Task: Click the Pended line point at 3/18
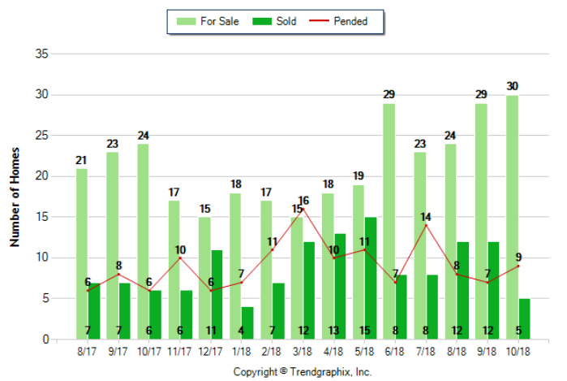coord(303,210)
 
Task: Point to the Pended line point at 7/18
coord(426,225)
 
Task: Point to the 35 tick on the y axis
coord(41,54)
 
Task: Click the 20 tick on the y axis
coord(41,176)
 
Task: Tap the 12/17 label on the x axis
coord(211,352)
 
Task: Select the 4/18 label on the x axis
coord(333,352)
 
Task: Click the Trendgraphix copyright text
coord(302,371)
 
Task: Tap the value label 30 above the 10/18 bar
coord(512,87)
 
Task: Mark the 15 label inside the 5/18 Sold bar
coord(370,331)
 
